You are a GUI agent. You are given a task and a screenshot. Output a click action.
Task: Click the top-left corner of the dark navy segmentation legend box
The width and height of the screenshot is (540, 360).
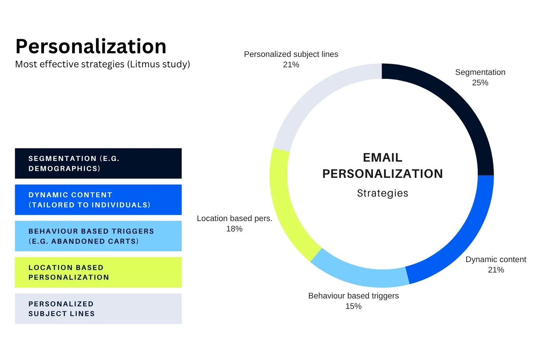click(x=15, y=148)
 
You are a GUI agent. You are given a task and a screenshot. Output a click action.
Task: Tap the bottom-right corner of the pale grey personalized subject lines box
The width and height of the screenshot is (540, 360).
click(x=182, y=324)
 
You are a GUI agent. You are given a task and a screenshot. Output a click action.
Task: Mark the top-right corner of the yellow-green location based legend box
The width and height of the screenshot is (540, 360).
click(x=182, y=257)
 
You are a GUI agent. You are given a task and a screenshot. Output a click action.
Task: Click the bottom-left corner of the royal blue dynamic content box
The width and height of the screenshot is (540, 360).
click(x=15, y=215)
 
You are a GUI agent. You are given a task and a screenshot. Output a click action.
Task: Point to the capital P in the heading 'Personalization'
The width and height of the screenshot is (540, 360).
click(x=22, y=46)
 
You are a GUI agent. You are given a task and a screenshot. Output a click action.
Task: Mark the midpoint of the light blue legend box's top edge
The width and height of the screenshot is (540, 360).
click(x=98, y=221)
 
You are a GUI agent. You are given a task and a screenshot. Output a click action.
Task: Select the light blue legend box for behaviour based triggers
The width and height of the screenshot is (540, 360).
click(x=98, y=236)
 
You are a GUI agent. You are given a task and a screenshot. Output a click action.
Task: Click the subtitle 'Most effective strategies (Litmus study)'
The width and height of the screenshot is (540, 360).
click(x=103, y=64)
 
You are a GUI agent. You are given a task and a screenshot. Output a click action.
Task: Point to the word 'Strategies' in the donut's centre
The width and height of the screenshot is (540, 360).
click(x=383, y=193)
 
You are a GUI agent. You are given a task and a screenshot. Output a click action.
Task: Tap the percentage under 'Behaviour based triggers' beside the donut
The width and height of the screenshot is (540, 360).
click(x=354, y=306)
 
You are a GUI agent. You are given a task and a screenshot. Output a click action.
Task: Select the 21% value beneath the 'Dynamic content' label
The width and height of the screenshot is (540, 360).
click(x=496, y=270)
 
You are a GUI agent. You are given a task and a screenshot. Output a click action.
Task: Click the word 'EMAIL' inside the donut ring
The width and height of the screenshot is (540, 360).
click(x=383, y=158)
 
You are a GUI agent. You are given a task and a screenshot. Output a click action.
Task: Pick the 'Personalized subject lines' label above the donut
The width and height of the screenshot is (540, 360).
click(x=291, y=54)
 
